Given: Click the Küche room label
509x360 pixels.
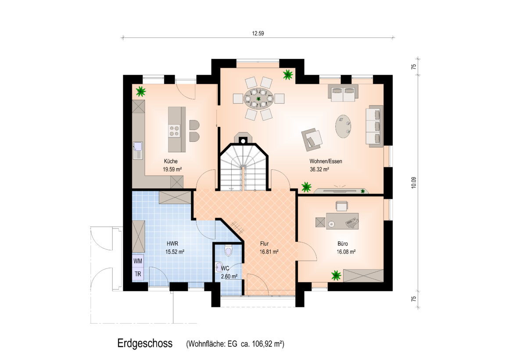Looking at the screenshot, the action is click(x=171, y=161).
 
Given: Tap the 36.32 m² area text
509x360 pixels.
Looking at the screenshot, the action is click(x=320, y=169).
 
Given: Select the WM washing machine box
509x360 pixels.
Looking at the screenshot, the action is click(x=138, y=261).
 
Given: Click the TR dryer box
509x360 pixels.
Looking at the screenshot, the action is click(x=138, y=274).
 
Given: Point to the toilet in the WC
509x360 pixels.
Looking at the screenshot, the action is click(x=228, y=251).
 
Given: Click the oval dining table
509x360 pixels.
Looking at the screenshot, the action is click(x=259, y=98).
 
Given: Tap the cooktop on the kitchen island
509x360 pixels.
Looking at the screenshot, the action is click(x=174, y=131).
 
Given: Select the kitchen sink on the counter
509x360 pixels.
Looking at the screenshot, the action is click(x=138, y=151).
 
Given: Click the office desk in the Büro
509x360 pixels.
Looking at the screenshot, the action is click(x=342, y=221).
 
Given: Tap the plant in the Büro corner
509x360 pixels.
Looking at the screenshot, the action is click(x=336, y=276).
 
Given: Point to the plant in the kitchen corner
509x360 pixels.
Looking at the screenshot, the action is click(x=140, y=91).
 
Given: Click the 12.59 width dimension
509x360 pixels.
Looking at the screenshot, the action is click(x=258, y=33).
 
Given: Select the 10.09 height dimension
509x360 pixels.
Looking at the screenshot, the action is click(x=413, y=183).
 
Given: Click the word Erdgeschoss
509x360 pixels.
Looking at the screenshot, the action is click(x=145, y=343).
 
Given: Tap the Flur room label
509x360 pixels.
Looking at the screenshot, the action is click(x=264, y=244).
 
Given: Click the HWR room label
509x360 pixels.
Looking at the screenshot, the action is click(x=172, y=243).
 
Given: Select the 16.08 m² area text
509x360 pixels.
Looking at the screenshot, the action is click(x=346, y=252).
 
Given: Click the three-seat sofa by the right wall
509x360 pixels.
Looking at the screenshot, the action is click(x=375, y=126).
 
